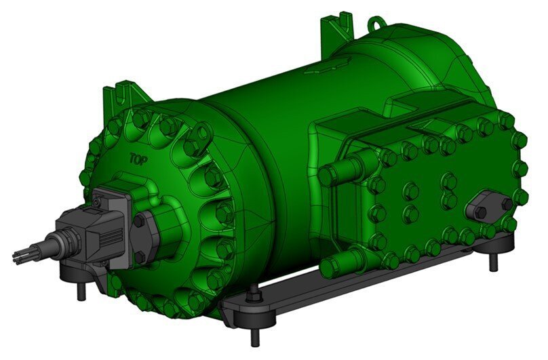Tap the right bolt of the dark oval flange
(x=505, y=203)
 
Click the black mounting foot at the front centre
(x=251, y=312)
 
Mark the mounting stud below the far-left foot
(x=82, y=289)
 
